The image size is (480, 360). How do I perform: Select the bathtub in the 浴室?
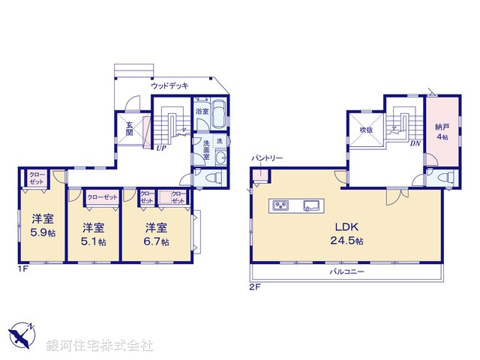point(219,115)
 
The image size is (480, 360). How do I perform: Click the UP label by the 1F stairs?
point(160,148)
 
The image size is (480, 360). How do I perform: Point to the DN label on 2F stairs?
point(415,144)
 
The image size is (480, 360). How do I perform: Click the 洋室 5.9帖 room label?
point(42,224)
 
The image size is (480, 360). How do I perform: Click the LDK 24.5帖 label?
point(347,233)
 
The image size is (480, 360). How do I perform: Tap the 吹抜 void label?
point(365,130)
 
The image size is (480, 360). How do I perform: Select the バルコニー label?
point(346,271)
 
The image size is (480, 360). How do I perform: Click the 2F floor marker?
point(256,286)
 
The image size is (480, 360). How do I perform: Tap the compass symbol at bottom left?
point(22,334)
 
